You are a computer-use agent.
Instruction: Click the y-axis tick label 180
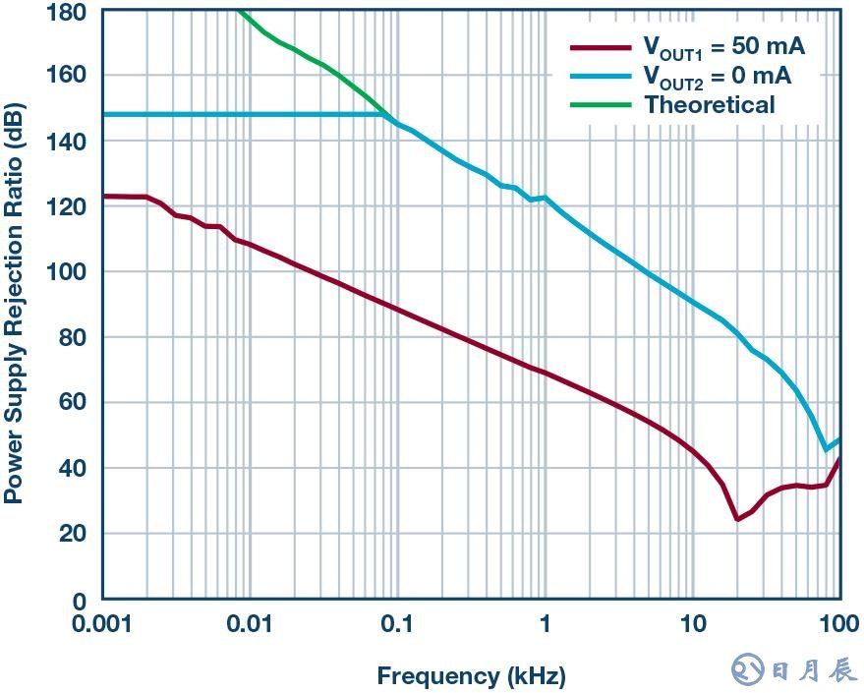tap(67, 12)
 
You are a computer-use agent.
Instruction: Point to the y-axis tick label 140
tap(67, 142)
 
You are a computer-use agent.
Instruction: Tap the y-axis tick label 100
tap(67, 271)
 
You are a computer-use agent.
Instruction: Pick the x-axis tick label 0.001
tap(102, 624)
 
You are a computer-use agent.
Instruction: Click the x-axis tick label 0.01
tap(250, 624)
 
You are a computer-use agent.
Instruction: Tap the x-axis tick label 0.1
tap(397, 624)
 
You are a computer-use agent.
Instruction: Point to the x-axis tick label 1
tap(545, 624)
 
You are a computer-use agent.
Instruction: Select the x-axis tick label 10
tap(692, 624)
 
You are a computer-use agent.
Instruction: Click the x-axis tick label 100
tap(838, 624)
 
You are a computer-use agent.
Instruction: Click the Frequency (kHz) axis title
tap(471, 676)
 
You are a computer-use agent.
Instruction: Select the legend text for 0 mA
tap(717, 76)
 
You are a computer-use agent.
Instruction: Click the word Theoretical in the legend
tap(709, 104)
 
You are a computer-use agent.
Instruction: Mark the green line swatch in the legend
tap(601, 104)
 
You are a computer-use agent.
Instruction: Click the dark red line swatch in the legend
tap(601, 47)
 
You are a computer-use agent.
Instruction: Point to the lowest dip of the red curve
tap(737, 518)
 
